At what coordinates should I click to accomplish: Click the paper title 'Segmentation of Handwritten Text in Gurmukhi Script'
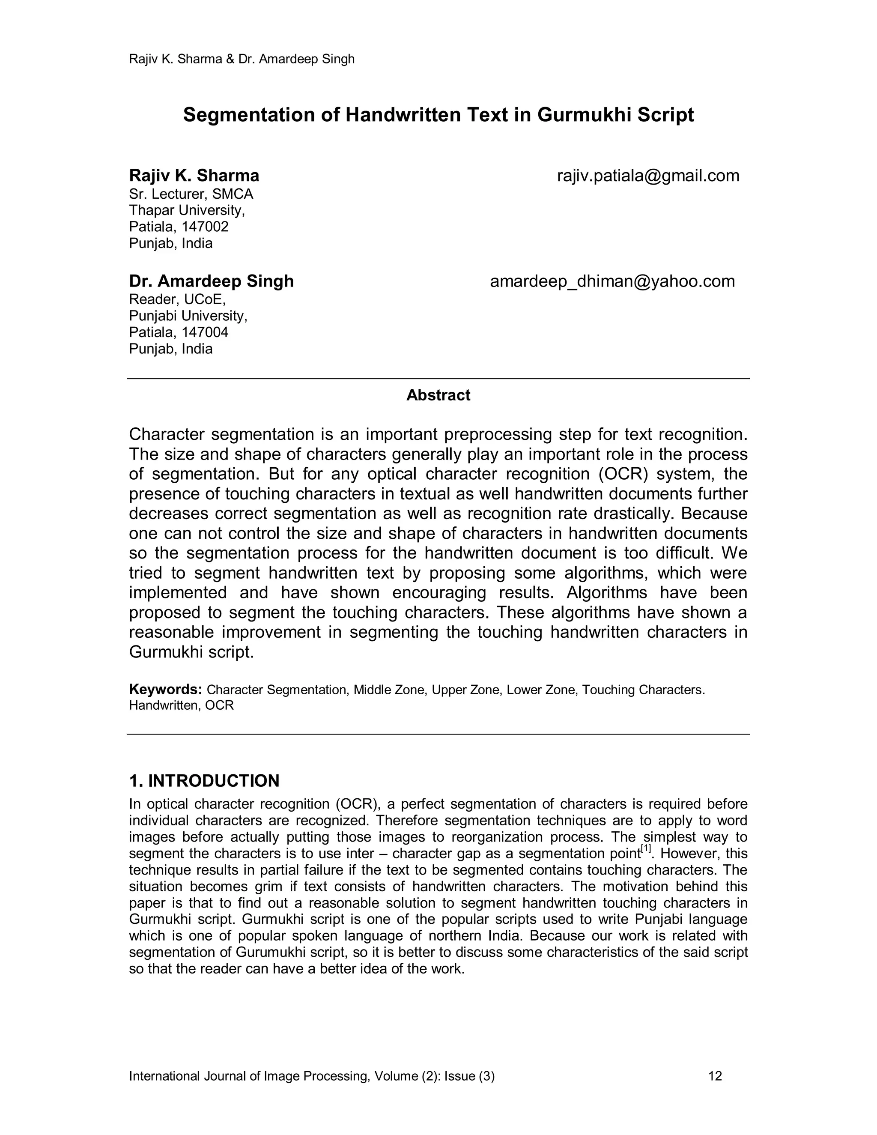pos(438,115)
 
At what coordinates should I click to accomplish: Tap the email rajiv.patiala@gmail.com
pos(648,176)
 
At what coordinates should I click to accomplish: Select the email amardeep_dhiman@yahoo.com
pos(612,281)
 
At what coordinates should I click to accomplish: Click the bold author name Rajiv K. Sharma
pos(194,176)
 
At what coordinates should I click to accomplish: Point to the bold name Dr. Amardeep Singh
pos(211,281)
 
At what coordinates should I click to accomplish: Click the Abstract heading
pos(438,395)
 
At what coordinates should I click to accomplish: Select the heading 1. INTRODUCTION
pos(204,780)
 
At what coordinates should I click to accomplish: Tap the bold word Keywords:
pos(165,690)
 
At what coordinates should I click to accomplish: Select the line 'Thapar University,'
pos(187,210)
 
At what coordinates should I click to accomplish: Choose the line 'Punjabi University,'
pos(188,316)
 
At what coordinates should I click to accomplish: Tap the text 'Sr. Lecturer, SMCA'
pos(191,194)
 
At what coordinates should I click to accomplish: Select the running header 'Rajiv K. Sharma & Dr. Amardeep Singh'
pos(242,59)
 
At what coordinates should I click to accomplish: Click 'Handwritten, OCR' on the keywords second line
pos(181,706)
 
